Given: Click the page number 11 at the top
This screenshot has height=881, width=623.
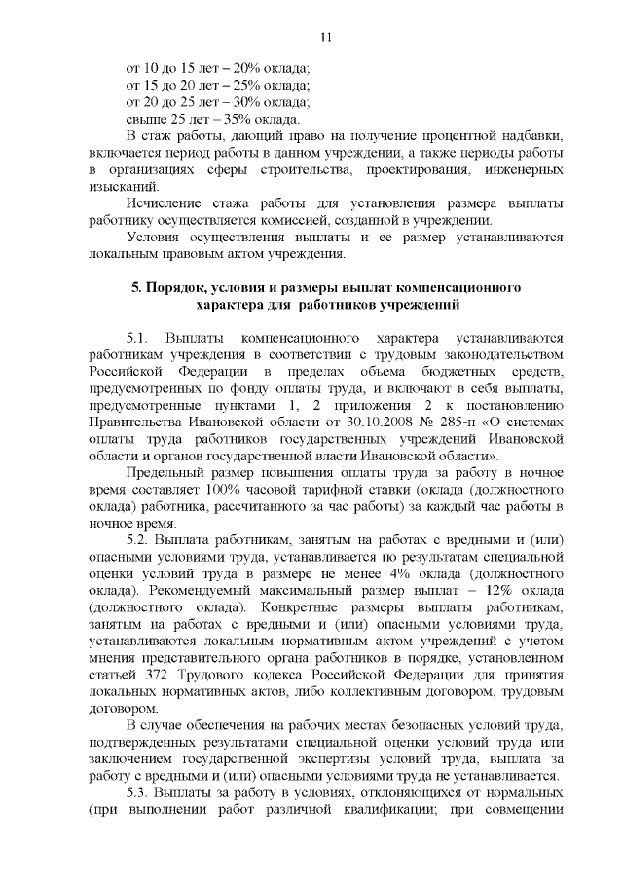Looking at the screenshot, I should click(326, 37).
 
